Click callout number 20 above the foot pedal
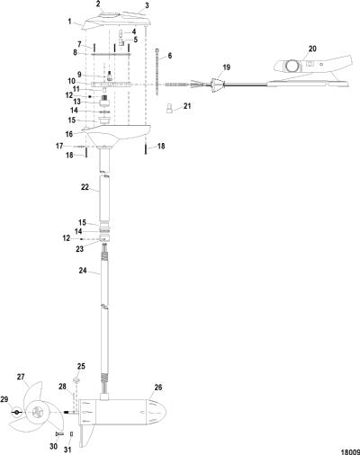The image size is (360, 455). (312, 49)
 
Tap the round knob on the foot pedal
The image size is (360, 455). (292, 65)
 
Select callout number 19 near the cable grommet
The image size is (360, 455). (227, 67)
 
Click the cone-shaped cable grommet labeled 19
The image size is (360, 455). (218, 85)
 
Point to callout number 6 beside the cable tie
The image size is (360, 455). (170, 56)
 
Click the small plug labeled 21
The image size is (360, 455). (169, 108)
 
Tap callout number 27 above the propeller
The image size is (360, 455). (21, 377)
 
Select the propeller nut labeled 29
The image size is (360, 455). (16, 412)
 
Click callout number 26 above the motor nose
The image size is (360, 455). (158, 388)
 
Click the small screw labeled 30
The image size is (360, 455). (59, 433)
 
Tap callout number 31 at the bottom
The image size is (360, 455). (67, 450)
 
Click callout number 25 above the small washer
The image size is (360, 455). (81, 366)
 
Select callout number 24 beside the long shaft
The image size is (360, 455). (83, 271)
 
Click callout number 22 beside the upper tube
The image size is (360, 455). (85, 187)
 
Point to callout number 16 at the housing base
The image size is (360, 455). (69, 134)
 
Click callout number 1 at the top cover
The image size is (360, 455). (69, 22)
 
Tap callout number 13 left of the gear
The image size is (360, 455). (76, 103)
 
